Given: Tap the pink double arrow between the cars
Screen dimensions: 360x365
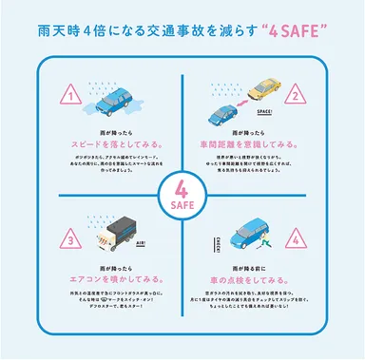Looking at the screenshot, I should click(x=239, y=101).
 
